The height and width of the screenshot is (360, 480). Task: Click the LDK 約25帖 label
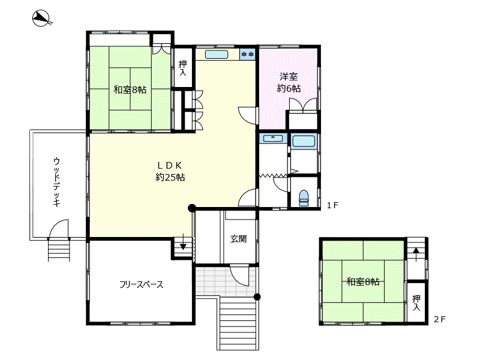pyautogui.click(x=170, y=171)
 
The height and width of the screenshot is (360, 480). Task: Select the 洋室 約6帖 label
pyautogui.click(x=289, y=83)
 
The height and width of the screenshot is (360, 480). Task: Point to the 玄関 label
pyautogui.click(x=238, y=238)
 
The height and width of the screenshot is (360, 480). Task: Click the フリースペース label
pyautogui.click(x=141, y=284)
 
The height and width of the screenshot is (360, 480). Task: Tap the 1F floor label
pyautogui.click(x=333, y=205)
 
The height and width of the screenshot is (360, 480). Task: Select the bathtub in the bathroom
pyautogui.click(x=306, y=142)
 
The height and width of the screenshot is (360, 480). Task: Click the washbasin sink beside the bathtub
pyautogui.click(x=274, y=139)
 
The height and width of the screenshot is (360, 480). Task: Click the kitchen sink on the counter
pyautogui.click(x=217, y=55)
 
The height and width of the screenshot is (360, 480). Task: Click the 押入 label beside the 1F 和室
pyautogui.click(x=183, y=67)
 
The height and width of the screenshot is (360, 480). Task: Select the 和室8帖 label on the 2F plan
pyautogui.click(x=362, y=281)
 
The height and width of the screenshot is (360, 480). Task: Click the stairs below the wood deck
pyautogui.click(x=59, y=250)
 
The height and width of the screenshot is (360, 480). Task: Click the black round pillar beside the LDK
pyautogui.click(x=192, y=208)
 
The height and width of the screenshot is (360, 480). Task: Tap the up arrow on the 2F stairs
pyautogui.click(x=415, y=251)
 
